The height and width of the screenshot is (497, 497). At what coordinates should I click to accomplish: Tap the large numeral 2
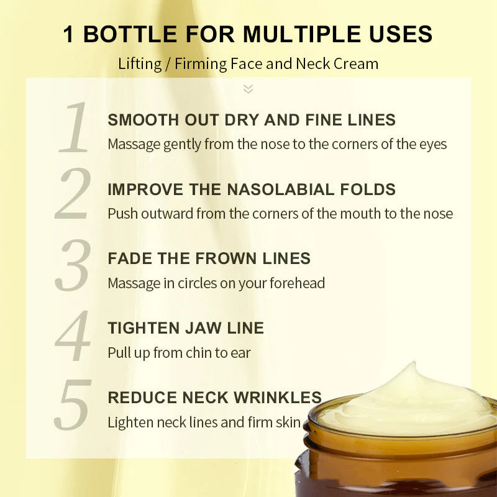point(73,195)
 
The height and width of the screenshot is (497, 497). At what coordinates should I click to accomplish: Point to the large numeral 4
point(73,335)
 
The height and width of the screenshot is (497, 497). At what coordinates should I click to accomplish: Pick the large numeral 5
point(73,405)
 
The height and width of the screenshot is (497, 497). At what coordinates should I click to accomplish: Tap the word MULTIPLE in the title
point(302,34)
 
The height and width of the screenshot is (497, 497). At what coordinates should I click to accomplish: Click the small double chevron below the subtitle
point(248,89)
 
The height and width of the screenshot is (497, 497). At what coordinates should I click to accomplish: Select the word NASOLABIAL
point(298,189)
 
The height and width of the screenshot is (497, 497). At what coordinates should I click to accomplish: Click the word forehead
point(296,284)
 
